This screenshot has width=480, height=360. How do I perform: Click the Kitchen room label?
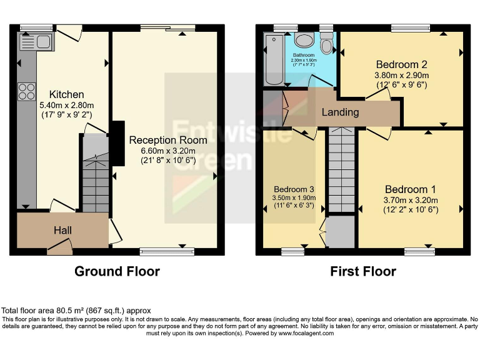pyautogui.click(x=53, y=94)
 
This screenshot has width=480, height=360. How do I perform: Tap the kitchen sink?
pyautogui.click(x=37, y=42)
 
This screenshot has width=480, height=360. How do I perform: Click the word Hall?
pyautogui.click(x=62, y=231)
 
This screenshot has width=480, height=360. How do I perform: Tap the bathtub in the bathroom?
pyautogui.click(x=274, y=60)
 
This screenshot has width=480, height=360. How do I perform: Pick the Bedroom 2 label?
pyautogui.click(x=401, y=64)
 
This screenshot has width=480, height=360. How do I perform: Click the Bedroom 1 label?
pyautogui.click(x=410, y=189)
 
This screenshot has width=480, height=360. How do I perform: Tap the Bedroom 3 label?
pyautogui.click(x=294, y=189)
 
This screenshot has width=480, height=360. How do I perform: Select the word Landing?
pyautogui.click(x=340, y=112)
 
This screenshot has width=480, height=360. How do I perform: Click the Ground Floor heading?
pyautogui.click(x=117, y=271)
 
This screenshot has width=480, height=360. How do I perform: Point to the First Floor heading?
pyautogui.click(x=363, y=271)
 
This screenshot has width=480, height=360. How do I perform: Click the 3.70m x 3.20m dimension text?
pyautogui.click(x=411, y=201)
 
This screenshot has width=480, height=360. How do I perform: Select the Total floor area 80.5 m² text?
pyautogui.click(x=76, y=311)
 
